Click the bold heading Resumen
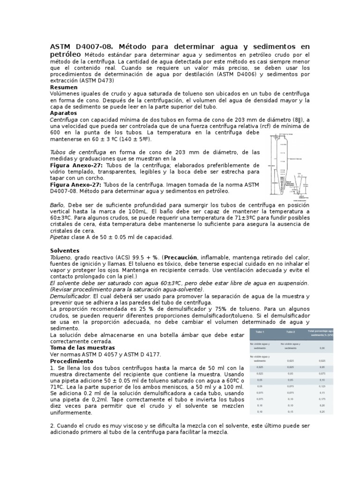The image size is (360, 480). click(x=64, y=87)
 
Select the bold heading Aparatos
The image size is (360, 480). click(x=63, y=113)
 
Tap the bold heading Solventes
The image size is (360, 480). click(x=65, y=251)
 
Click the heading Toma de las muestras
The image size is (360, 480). click(x=82, y=348)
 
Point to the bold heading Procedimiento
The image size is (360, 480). click(x=72, y=361)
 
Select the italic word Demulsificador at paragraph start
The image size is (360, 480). click(x=70, y=296)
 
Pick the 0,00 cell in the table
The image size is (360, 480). click(x=322, y=348)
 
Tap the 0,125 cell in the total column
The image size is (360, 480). click(x=322, y=386)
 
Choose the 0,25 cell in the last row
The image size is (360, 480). click(x=322, y=411)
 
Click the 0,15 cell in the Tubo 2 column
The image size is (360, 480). click(x=290, y=411)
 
